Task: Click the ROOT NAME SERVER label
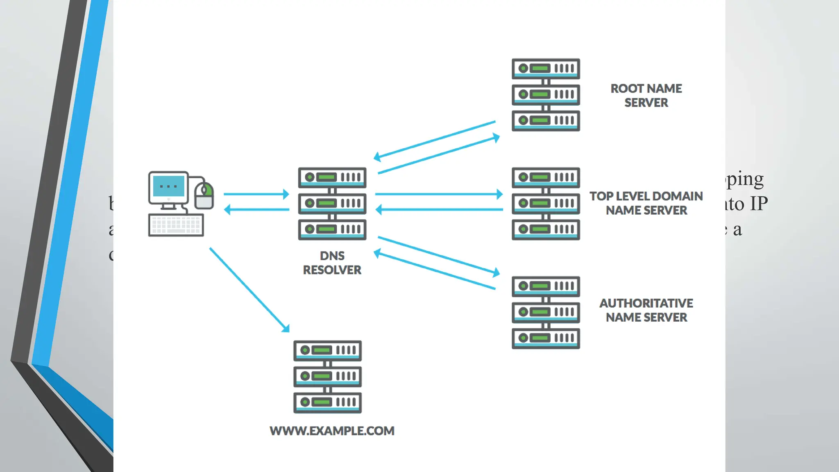coord(646,95)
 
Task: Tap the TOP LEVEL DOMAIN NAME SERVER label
coord(646,203)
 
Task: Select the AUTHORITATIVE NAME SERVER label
coord(646,310)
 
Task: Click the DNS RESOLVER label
coord(332,263)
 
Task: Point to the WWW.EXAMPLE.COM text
coord(332,431)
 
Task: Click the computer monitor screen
coord(168,187)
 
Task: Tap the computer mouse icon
coord(204,196)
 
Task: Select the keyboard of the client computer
coord(176,225)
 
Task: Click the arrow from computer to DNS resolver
coord(256,194)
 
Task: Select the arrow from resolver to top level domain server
coord(438,194)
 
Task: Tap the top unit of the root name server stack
coord(546,68)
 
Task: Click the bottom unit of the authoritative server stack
coord(546,338)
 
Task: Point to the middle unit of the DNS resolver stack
coord(332,203)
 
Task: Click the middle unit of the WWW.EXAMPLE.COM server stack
coord(327,376)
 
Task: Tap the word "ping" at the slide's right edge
coord(745,179)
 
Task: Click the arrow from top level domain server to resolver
coord(438,210)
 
